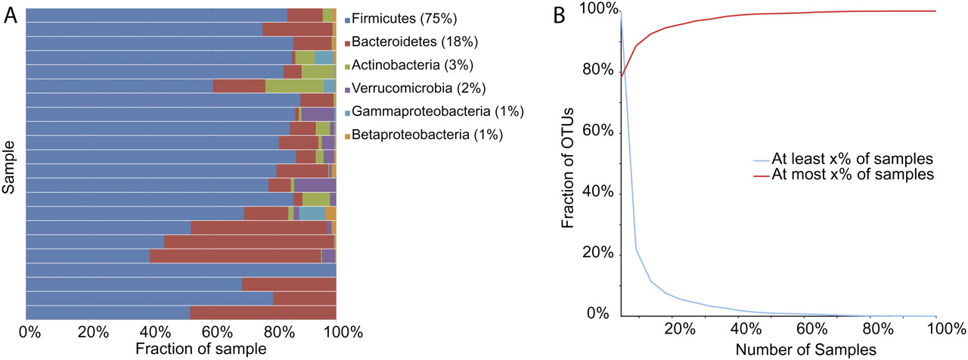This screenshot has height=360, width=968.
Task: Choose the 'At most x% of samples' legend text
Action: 852,175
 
